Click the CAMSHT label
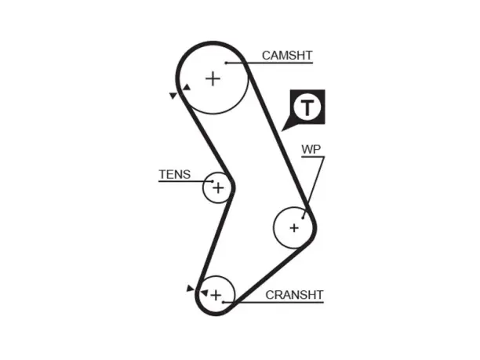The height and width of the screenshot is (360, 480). click(x=287, y=56)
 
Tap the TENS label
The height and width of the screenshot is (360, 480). click(x=174, y=174)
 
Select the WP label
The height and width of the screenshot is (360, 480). click(x=311, y=149)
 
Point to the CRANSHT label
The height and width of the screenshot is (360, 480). click(x=294, y=295)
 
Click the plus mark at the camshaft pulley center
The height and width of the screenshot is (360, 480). click(x=213, y=79)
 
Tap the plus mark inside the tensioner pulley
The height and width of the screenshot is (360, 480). click(x=218, y=188)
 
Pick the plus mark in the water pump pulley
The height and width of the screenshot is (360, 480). click(x=294, y=228)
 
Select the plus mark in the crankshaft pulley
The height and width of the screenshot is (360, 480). click(x=216, y=296)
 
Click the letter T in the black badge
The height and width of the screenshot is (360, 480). click(x=307, y=107)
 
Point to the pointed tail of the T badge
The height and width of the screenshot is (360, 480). click(x=282, y=131)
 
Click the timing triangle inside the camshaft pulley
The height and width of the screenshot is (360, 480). click(x=187, y=88)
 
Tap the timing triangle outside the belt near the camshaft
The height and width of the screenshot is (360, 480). click(x=173, y=96)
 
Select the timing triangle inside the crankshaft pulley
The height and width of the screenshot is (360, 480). click(x=204, y=293)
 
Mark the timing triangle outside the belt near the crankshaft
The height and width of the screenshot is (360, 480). click(x=190, y=288)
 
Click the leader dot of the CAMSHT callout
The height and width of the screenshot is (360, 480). click(x=226, y=63)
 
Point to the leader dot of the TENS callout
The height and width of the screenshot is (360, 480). click(x=212, y=181)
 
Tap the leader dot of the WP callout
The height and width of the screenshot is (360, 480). click(x=303, y=218)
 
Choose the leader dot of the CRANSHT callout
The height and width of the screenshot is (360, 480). click(x=224, y=302)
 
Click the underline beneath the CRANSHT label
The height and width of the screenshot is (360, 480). click(x=274, y=303)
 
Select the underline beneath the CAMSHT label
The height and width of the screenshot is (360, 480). click(x=269, y=63)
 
